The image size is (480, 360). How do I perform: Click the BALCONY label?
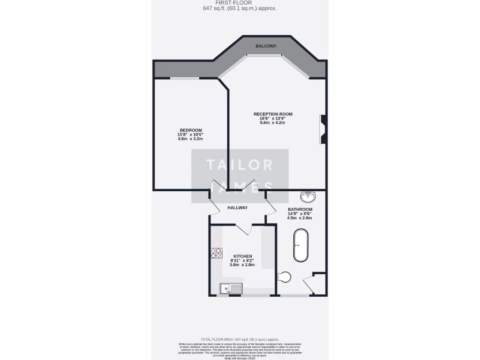click(x=266, y=46)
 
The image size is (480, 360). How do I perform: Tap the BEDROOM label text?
click(x=190, y=130)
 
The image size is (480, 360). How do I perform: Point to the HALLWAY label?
click(x=237, y=208)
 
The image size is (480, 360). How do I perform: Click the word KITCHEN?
click(x=242, y=256)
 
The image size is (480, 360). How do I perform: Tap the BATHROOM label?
click(x=300, y=209)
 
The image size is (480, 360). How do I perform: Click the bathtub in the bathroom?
click(x=300, y=245)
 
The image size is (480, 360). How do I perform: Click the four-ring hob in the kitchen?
click(x=216, y=253)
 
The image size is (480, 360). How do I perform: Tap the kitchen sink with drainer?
click(x=231, y=288)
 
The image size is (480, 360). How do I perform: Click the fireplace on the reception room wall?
click(x=323, y=129)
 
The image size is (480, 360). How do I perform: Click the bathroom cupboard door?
click(x=309, y=284)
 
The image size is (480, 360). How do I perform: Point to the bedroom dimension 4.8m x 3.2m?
click(x=190, y=139)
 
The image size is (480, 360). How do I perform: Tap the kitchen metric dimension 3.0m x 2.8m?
click(x=242, y=265)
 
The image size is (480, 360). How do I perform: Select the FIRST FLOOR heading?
click(x=240, y=3)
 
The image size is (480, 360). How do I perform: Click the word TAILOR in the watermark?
click(x=240, y=165)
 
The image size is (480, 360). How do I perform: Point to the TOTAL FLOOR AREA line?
click(x=240, y=339)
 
